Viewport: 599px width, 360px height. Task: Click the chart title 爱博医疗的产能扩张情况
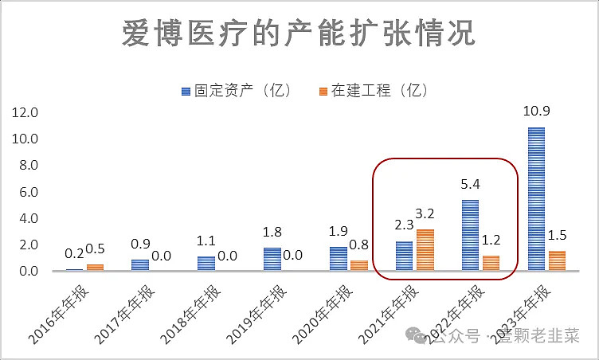pyautogui.click(x=299, y=33)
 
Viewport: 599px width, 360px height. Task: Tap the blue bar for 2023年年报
pyautogui.click(x=536, y=199)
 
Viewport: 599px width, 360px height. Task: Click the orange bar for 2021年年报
pyautogui.click(x=425, y=250)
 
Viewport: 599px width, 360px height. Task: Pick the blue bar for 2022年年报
pyautogui.click(x=470, y=236)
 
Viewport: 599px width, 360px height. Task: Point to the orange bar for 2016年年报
pyautogui.click(x=95, y=268)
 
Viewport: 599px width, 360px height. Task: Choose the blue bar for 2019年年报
pyautogui.click(x=272, y=260)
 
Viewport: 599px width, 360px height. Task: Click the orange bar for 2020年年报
pyautogui.click(x=359, y=266)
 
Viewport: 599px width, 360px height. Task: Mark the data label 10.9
pyautogui.click(x=535, y=112)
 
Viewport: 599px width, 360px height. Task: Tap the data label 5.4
pyautogui.click(x=470, y=184)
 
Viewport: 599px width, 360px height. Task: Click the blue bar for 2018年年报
pyautogui.click(x=206, y=264)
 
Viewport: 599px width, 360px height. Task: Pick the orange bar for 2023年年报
pyautogui.click(x=557, y=261)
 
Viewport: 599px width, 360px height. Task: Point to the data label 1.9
pyautogui.click(x=339, y=231)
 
